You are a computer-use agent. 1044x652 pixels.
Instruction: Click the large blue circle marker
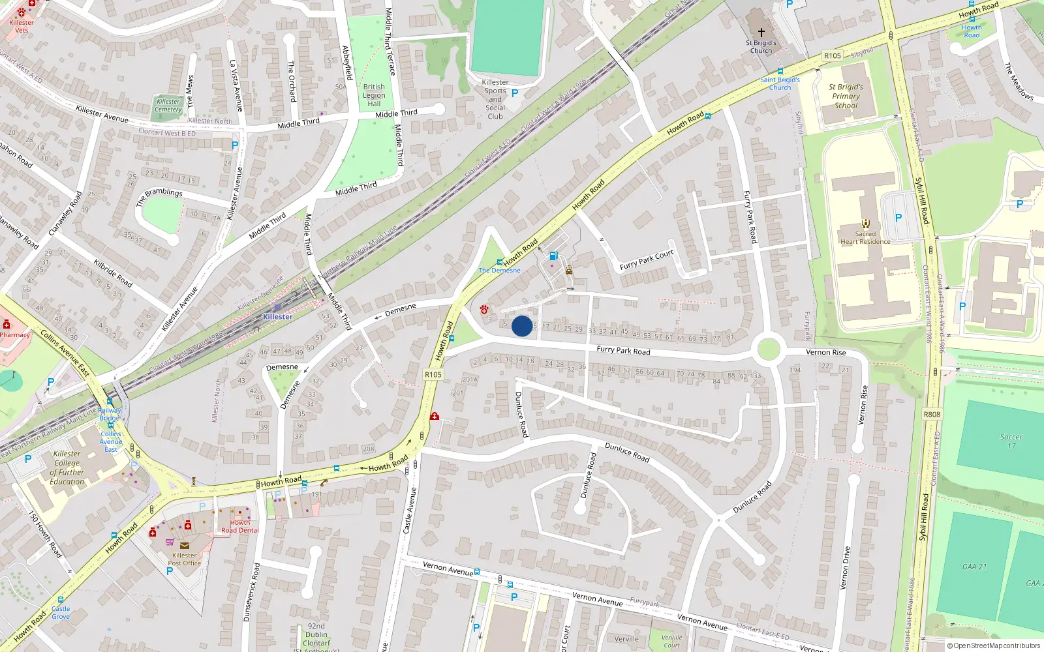[522, 326]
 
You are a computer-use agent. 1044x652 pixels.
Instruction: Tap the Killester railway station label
[278, 317]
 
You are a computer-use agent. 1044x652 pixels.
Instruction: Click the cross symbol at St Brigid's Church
[761, 32]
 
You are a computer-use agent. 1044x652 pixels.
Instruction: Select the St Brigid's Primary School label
[846, 96]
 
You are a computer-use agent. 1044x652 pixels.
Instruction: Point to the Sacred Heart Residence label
[865, 237]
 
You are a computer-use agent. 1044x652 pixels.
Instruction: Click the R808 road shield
[932, 414]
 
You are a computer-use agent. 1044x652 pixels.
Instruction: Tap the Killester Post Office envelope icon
[185, 546]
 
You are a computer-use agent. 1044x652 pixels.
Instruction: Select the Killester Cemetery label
[168, 105]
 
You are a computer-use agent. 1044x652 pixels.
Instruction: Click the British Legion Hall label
[374, 95]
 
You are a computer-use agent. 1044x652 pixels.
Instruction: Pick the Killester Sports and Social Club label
[495, 99]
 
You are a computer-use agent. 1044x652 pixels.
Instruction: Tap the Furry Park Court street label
[646, 260]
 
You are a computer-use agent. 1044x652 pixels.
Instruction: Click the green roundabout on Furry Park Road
[769, 349]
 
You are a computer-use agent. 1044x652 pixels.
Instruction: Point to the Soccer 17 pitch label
[1011, 441]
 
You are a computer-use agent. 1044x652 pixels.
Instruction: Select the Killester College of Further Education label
[67, 467]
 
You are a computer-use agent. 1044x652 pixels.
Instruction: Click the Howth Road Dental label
[240, 526]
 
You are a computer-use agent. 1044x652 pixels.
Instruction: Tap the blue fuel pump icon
[553, 256]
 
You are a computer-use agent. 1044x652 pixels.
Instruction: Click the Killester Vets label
[22, 26]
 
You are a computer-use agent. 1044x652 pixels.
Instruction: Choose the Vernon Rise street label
[825, 352]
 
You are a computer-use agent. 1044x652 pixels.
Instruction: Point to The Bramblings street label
[159, 196]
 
